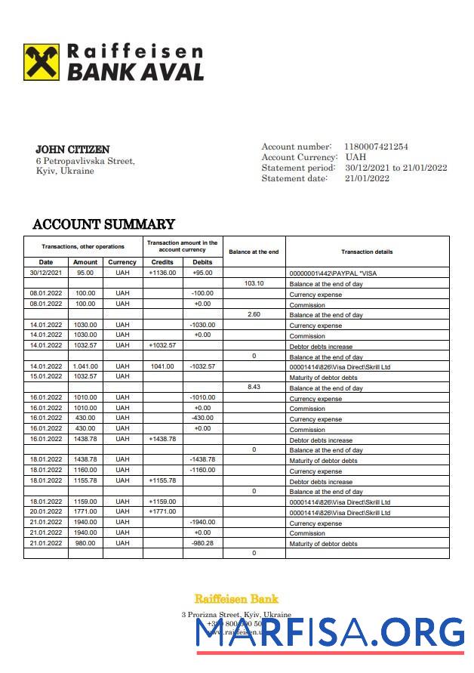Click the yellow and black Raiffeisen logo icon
pos(42,62)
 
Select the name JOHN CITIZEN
pos(72,150)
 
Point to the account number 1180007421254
pos(376,147)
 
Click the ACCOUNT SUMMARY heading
pos(103,224)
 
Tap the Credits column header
pos(162,262)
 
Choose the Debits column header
pos(202,262)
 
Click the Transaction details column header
pos(367,252)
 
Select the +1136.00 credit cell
pos(162,273)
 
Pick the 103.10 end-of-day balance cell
pos(254,283)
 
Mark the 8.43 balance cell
pos(254,387)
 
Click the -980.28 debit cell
pos(202,543)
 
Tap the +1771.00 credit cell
pos(162,511)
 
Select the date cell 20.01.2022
pos(45,511)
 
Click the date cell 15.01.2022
pos(45,376)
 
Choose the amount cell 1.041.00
pos(85,366)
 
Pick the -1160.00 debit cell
pos(202,470)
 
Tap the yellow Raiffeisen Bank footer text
pos(236,599)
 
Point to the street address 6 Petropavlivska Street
pos(85,161)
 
